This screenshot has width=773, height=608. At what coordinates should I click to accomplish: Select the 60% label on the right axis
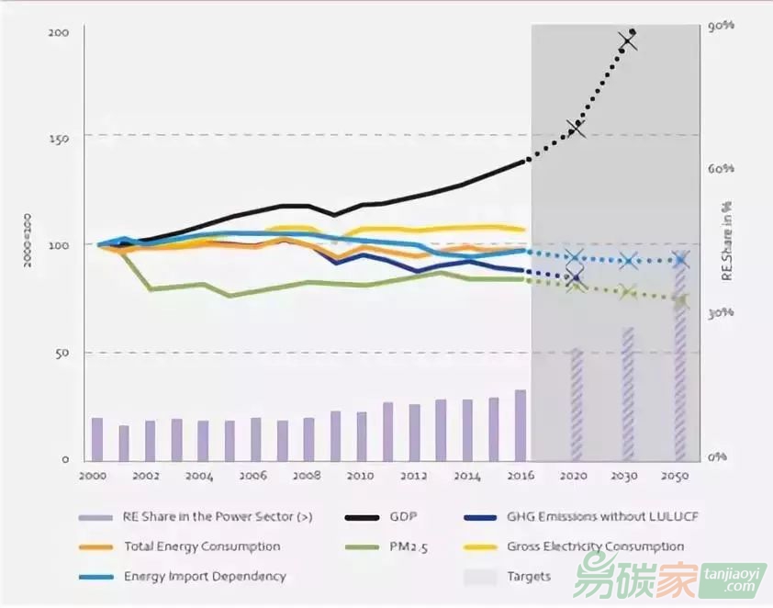[x=722, y=169]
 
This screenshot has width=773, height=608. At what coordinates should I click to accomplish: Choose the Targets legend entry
[x=529, y=577]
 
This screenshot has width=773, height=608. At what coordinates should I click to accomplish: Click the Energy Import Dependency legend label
[x=205, y=577]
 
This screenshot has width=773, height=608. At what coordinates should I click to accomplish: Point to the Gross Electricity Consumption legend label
[x=595, y=546]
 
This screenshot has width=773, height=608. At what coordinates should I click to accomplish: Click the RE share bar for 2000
[x=96, y=439]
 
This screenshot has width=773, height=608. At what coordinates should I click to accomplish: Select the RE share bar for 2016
[x=521, y=425]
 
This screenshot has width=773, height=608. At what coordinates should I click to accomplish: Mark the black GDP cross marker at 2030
[x=629, y=41]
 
